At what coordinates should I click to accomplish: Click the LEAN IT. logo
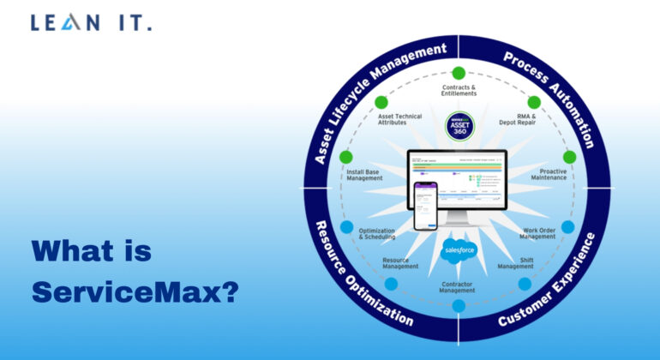point(91,23)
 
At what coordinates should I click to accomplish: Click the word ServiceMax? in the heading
point(135,291)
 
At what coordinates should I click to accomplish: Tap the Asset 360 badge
point(459,128)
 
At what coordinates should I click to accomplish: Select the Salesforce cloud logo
point(459,250)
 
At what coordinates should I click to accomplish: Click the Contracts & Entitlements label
point(459,90)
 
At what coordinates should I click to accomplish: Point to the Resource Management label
point(400,263)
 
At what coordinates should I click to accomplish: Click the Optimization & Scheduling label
point(376,234)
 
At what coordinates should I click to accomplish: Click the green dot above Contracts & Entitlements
point(459,72)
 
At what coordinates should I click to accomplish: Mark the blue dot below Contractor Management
point(459,305)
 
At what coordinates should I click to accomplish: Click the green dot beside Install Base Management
point(345,158)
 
